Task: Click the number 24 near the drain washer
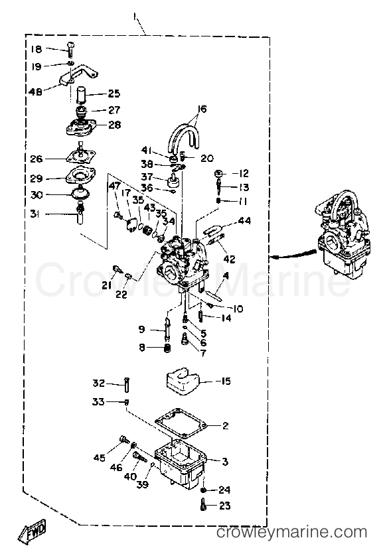click(224, 491)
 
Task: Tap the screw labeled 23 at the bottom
click(204, 506)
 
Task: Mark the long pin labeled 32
click(126, 383)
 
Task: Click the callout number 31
click(35, 213)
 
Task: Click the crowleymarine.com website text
click(291, 532)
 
